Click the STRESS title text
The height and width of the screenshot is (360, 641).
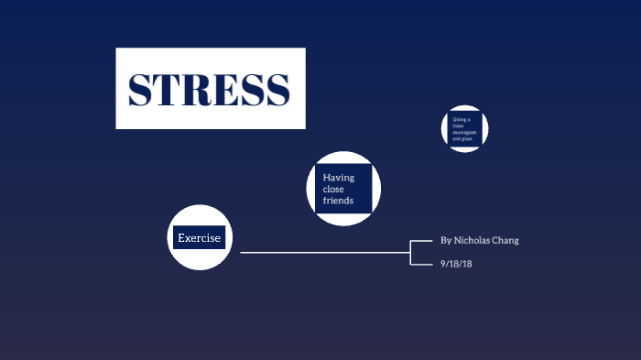[210, 89]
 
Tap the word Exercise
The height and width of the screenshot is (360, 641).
[199, 238]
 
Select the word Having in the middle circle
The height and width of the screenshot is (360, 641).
[339, 178]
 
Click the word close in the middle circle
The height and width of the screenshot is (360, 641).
[334, 189]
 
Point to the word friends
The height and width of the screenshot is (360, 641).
[338, 200]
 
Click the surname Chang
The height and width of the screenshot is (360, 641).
[507, 240]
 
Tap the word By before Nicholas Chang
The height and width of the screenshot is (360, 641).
[446, 240]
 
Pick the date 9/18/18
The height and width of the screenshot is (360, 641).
[455, 264]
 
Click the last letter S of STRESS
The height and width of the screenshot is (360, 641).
[277, 89]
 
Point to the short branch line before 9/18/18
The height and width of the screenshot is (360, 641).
[421, 264]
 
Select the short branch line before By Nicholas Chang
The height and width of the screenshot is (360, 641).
[421, 240]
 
